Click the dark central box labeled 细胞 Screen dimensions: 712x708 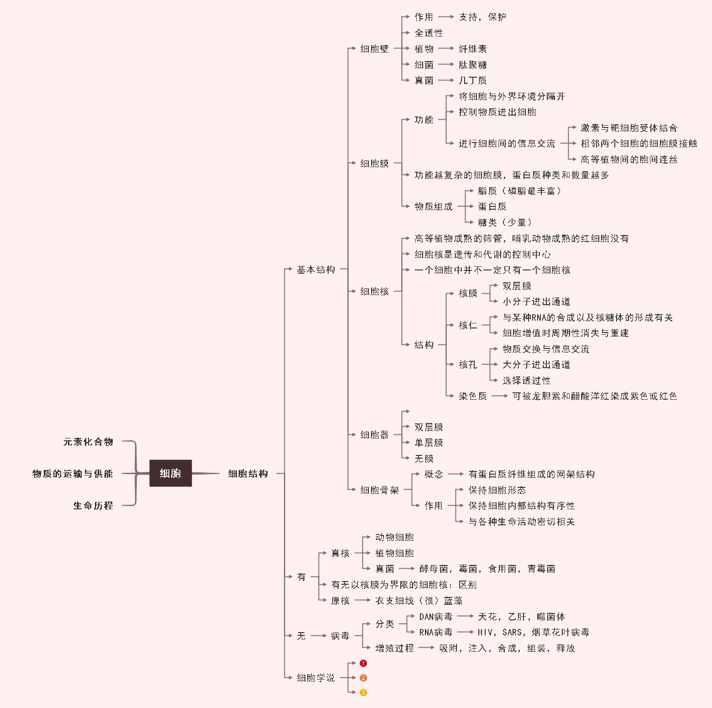tap(170, 473)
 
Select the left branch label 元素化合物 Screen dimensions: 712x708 tap(88, 442)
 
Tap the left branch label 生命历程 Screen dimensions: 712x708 tap(93, 506)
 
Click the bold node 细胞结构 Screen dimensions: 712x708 tap(248, 474)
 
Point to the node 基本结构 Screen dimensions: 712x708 tap(316, 269)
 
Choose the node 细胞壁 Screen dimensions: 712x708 tap(374, 48)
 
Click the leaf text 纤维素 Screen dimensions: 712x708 tap(472, 48)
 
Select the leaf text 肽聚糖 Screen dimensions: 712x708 tap(472, 64)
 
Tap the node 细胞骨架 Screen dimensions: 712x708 tap(379, 490)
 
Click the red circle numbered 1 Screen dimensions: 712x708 tap(363, 663)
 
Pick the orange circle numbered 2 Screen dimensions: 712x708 tap(363, 678)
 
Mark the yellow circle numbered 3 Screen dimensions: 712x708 tap(363, 692)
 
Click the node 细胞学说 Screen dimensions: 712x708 tap(316, 678)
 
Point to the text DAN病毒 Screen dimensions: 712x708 tap(435, 617)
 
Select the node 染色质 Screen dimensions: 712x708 tap(472, 396)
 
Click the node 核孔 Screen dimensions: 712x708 tap(468, 365)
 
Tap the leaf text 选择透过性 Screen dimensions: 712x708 tap(526, 380)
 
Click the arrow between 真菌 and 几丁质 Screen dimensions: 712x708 tap(446, 80)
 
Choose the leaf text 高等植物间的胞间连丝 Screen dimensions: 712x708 tap(629, 159)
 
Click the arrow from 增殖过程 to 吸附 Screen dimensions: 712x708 tap(426, 648)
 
